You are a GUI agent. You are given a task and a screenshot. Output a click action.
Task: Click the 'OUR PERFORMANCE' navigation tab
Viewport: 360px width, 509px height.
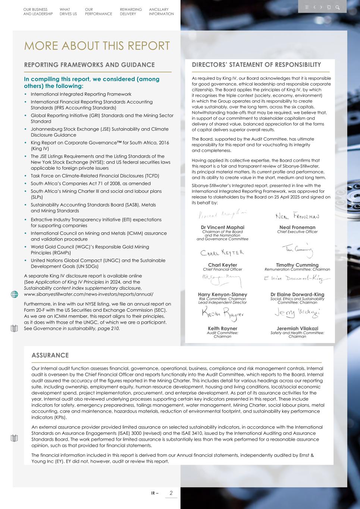(x=98, y=12)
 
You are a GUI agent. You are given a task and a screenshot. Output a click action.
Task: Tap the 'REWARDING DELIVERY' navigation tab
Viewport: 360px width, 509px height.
(x=131, y=12)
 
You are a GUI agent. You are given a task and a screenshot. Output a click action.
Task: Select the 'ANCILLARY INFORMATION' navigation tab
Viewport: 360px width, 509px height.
(x=161, y=12)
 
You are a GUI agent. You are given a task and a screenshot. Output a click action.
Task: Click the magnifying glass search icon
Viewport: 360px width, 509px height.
(x=337, y=7)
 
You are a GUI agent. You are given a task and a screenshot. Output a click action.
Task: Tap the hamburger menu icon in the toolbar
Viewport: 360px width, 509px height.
(x=307, y=7)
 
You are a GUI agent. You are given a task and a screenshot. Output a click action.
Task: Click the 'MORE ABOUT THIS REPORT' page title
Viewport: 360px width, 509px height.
(x=97, y=46)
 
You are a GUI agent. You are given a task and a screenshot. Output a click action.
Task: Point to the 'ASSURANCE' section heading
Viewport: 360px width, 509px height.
(x=50, y=355)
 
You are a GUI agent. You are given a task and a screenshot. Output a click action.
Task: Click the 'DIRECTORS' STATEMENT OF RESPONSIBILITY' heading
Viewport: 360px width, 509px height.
(x=256, y=65)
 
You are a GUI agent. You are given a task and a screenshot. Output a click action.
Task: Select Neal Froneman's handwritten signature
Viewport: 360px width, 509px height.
(x=297, y=216)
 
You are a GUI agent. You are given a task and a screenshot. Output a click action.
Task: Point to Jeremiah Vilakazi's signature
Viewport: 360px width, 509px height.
(x=297, y=313)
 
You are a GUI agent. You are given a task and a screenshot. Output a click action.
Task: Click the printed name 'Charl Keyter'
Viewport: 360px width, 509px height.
(x=222, y=265)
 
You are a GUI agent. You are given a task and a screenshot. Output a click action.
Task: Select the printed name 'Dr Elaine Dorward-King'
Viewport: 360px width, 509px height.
(x=297, y=295)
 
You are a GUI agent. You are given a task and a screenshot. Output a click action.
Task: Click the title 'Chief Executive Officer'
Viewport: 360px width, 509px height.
(x=297, y=232)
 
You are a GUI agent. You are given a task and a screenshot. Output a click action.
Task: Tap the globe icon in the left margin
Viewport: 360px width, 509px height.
(x=15, y=294)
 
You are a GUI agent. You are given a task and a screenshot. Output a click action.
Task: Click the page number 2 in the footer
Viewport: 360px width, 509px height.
(x=171, y=493)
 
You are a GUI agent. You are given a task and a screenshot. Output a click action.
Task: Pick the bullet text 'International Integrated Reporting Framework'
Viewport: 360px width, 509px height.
(x=81, y=94)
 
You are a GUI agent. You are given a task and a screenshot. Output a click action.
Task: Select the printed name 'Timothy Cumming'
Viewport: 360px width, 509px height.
(x=297, y=265)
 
